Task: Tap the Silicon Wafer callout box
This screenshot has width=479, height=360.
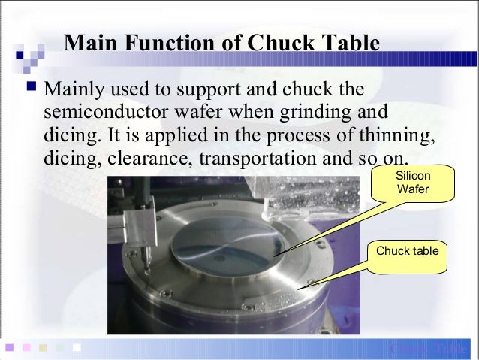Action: [x=413, y=183]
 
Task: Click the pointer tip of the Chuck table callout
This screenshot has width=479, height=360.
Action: [x=300, y=286]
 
